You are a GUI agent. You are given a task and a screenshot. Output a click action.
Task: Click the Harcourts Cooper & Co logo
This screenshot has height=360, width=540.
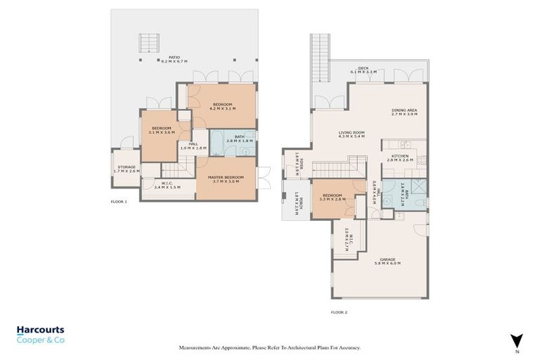tap(41, 334)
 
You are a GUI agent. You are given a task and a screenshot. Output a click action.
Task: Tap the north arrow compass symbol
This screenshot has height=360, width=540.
tap(517, 340)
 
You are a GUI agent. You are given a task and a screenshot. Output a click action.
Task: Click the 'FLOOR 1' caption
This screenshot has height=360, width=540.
tap(119, 202)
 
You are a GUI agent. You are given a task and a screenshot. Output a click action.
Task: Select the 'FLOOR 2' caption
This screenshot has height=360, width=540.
tap(340, 311)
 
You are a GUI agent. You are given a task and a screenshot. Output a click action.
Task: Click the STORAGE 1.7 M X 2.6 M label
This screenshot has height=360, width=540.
tap(127, 169)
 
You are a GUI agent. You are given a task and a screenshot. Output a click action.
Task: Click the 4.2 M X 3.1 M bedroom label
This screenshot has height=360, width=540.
tap(223, 106)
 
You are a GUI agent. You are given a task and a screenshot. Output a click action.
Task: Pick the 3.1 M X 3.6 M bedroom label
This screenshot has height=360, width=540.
tap(162, 130)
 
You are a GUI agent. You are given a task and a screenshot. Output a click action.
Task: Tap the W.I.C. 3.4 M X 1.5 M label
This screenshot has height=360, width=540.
tap(167, 186)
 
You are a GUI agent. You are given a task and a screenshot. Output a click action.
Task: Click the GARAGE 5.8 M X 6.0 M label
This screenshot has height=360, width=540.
tap(387, 261)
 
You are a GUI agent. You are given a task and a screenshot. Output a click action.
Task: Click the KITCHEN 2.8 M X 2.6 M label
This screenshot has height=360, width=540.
tap(400, 157)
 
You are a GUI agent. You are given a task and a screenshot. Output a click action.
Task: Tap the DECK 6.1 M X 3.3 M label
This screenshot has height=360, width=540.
tap(364, 70)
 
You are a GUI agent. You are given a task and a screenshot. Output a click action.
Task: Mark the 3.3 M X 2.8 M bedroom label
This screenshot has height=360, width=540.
tap(332, 198)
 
